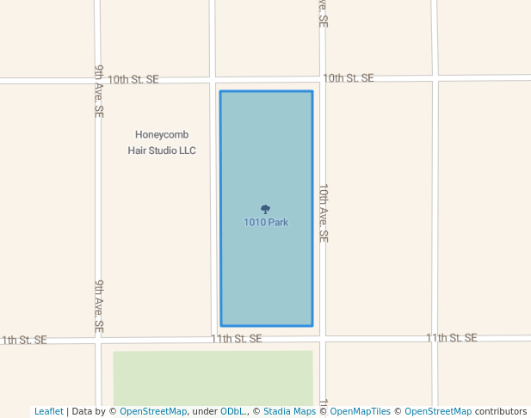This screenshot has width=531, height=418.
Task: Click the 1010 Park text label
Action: pos(266,222)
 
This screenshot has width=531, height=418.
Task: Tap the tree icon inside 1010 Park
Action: pos(265,209)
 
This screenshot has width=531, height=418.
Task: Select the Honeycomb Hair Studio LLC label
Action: pos(162,143)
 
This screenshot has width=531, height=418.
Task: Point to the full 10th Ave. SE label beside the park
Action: pos(324,212)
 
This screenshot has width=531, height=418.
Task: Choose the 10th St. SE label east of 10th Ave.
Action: pos(348,78)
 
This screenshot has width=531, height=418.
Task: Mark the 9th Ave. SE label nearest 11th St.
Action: pos(100,306)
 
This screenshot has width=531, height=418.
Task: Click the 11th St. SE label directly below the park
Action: pos(236,339)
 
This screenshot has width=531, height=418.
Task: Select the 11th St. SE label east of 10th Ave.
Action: pos(451,338)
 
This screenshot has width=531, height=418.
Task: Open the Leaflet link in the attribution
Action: pos(48,411)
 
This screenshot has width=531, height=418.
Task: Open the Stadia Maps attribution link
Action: pos(289,411)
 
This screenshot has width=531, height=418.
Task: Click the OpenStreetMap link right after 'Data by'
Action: pos(152,411)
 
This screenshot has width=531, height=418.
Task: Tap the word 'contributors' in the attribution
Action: pos(501,411)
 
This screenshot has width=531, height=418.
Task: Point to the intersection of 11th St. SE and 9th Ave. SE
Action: pos(98,340)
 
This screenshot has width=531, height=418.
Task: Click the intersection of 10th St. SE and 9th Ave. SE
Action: pos(97,81)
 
